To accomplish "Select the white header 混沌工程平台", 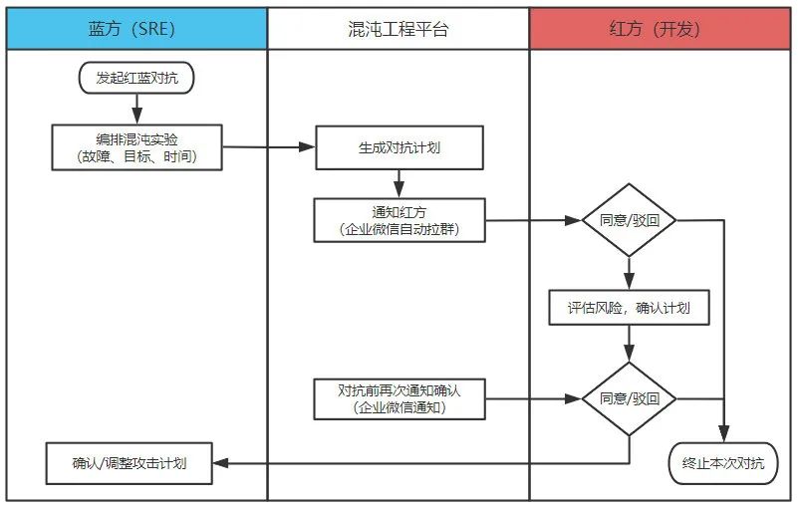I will click(x=399, y=28).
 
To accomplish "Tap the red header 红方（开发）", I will click(x=662, y=28).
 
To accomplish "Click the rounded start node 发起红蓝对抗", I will click(x=135, y=78).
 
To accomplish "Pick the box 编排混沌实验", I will click(x=136, y=147).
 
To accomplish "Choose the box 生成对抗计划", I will click(x=399, y=147).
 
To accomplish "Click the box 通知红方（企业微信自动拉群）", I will click(x=399, y=219).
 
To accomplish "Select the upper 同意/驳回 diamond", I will click(x=629, y=220).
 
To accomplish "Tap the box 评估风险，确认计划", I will click(x=629, y=308).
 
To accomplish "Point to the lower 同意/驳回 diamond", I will click(x=629, y=398).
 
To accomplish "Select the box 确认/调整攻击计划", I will click(x=130, y=463).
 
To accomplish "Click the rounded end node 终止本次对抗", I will click(x=722, y=463).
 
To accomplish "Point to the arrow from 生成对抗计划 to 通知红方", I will click(x=399, y=183).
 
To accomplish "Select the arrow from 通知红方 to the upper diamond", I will click(x=533, y=220).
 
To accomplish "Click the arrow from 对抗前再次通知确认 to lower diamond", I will click(x=533, y=398).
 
